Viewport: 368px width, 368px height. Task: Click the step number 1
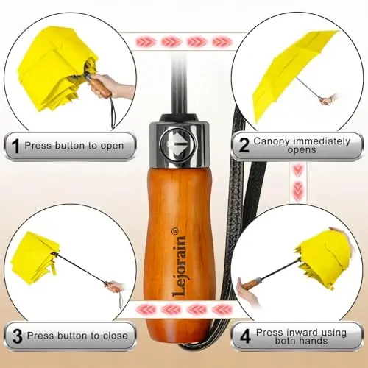pos(15,146)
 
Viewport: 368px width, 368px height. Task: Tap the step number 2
pos(244,145)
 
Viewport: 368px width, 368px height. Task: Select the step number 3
pos(18,336)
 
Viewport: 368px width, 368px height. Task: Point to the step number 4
pos(245,336)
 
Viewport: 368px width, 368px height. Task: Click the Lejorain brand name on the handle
pos(180,266)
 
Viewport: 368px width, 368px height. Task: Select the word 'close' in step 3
pos(116,336)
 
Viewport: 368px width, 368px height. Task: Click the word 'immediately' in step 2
pos(322,141)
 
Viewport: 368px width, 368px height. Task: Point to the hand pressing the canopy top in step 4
pos(340,233)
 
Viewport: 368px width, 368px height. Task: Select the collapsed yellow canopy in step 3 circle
pos(35,258)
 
